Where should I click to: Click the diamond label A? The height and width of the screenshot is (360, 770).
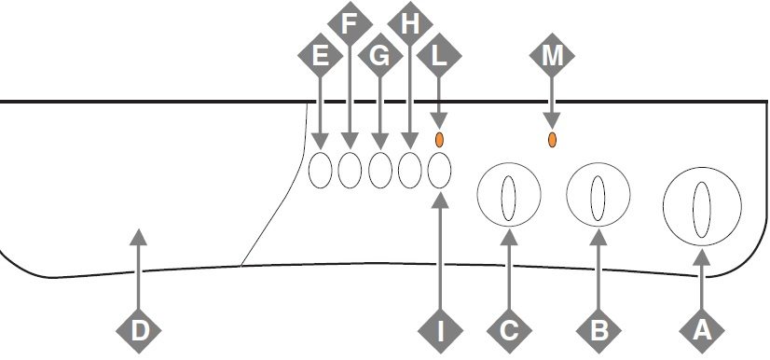703,328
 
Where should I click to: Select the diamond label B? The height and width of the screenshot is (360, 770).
598,328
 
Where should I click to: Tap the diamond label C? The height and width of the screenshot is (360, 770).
509,328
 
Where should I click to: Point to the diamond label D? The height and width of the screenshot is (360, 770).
139,328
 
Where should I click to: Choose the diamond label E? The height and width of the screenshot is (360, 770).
321,57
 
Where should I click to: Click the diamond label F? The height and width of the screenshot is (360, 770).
351,22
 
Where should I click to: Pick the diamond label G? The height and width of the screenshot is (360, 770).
379,57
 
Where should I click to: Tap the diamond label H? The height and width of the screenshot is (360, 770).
409,22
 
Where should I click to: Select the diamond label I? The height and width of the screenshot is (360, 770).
440,328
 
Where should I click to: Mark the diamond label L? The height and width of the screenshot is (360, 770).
440,57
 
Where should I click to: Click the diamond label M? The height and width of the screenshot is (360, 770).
552,57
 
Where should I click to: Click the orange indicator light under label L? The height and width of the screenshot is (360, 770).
440,140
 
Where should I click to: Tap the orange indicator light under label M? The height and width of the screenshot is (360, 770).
552,140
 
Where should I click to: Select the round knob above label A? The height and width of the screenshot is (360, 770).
703,200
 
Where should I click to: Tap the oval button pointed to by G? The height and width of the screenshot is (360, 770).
379,171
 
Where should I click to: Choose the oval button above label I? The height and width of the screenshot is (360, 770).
440,171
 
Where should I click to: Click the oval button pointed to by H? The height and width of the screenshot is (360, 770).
409,171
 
